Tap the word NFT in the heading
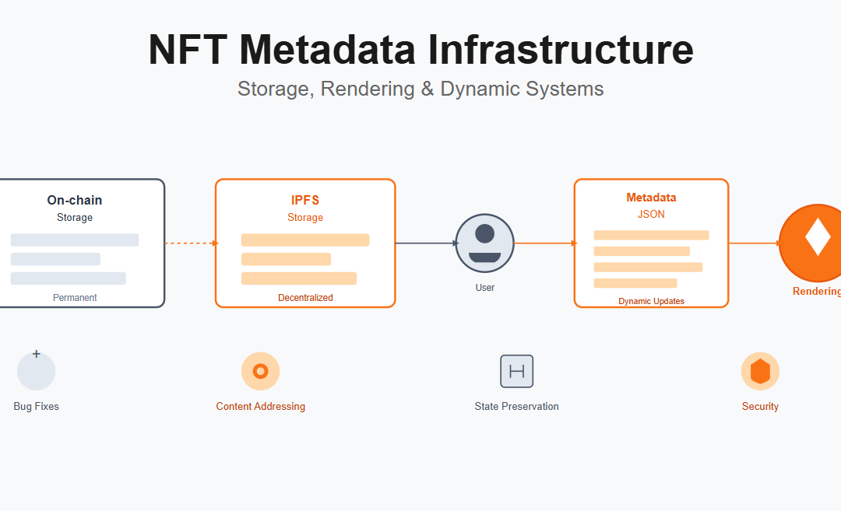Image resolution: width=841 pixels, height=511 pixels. click(x=188, y=49)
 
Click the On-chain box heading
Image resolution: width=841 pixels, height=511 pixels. click(x=75, y=201)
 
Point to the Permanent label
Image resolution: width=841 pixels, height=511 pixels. click(x=75, y=298)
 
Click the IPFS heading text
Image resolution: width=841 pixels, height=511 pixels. click(x=305, y=201)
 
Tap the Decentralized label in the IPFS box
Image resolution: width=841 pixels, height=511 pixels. click(x=305, y=298)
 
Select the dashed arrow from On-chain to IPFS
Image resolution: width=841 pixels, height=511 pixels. click(x=190, y=243)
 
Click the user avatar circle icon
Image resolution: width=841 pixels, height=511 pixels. click(x=484, y=243)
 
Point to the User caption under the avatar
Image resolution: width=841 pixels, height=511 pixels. click(x=484, y=288)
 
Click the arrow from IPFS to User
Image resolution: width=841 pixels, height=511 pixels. click(x=425, y=243)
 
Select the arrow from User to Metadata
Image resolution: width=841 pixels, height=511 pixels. click(x=544, y=243)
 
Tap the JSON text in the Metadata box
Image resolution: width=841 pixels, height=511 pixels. click(x=651, y=214)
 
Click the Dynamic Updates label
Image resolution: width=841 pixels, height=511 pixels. click(x=651, y=301)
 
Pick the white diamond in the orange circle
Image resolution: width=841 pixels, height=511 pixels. click(x=817, y=237)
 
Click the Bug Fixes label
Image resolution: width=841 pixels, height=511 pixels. click(x=36, y=407)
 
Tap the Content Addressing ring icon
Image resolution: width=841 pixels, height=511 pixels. click(x=261, y=371)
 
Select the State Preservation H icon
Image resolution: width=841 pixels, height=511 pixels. click(x=516, y=371)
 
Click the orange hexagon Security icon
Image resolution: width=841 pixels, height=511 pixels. click(x=760, y=372)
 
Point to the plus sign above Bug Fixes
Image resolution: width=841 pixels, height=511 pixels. click(x=36, y=354)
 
